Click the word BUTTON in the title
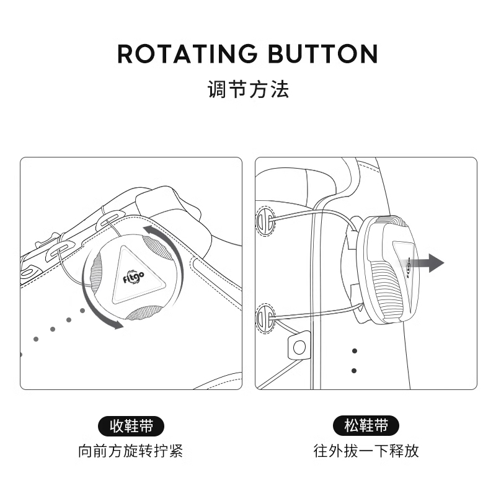tap(323, 53)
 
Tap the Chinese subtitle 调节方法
tap(249, 89)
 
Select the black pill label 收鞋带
tap(131, 426)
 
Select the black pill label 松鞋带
tap(366, 425)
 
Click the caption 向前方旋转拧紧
tap(131, 451)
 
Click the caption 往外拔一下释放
tap(366, 451)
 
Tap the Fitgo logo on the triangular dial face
tap(133, 277)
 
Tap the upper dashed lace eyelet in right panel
tap(265, 221)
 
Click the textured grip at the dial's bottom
tap(144, 314)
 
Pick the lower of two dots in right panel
tap(354, 370)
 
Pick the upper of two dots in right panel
tap(354, 351)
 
